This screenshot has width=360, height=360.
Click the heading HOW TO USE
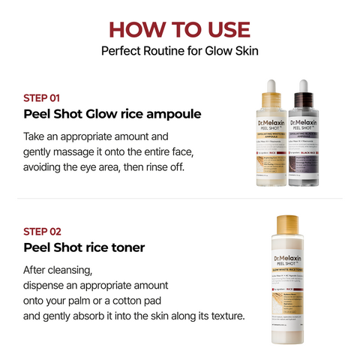(x=179, y=29)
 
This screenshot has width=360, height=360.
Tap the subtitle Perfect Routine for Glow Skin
(x=179, y=52)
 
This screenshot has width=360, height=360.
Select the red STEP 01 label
(x=42, y=97)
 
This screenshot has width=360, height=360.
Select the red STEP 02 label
(x=42, y=231)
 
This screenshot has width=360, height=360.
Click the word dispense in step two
(x=49, y=286)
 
